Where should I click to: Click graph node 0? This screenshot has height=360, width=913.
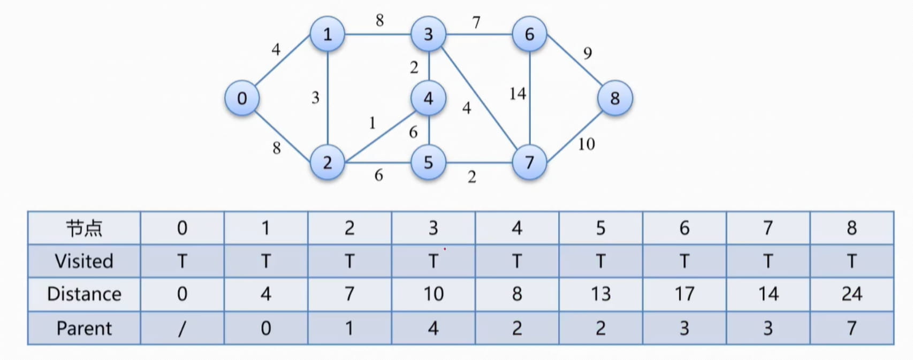242,98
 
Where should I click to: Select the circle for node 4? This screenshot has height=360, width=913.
428,98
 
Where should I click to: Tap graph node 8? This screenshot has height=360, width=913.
615,98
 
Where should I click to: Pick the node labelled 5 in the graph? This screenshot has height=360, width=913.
428,162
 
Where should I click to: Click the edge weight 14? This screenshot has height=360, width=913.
518,94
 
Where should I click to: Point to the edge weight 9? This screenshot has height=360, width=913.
588,53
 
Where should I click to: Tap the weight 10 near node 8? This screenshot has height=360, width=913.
586,144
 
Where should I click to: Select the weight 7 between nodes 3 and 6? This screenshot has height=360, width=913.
476,22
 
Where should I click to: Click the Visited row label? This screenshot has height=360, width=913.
84,261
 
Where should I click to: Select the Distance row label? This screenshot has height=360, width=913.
84,294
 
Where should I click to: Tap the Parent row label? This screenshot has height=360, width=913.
84,328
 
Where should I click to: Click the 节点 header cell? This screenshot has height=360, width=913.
84,228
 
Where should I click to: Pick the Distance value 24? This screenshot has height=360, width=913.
851,294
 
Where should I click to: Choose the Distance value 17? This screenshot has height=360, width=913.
684,294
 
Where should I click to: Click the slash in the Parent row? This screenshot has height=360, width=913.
182,328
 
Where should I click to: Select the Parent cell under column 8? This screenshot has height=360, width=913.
851,328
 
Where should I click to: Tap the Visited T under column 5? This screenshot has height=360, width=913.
600,261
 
